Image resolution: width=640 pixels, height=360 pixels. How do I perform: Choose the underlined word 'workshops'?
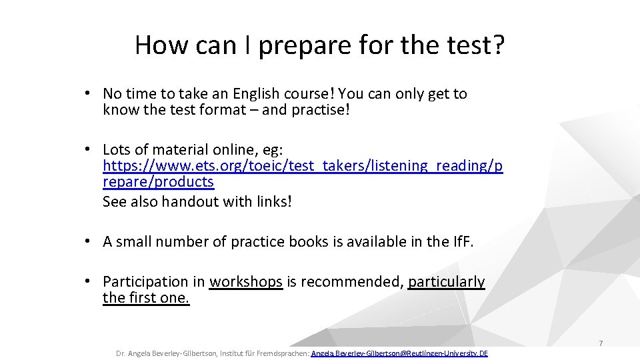coord(246,282)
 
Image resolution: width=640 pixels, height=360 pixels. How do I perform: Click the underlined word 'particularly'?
coord(446,282)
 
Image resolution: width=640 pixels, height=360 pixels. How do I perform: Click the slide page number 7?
coord(600,343)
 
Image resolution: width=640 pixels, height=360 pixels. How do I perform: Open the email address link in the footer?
coord(399,353)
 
